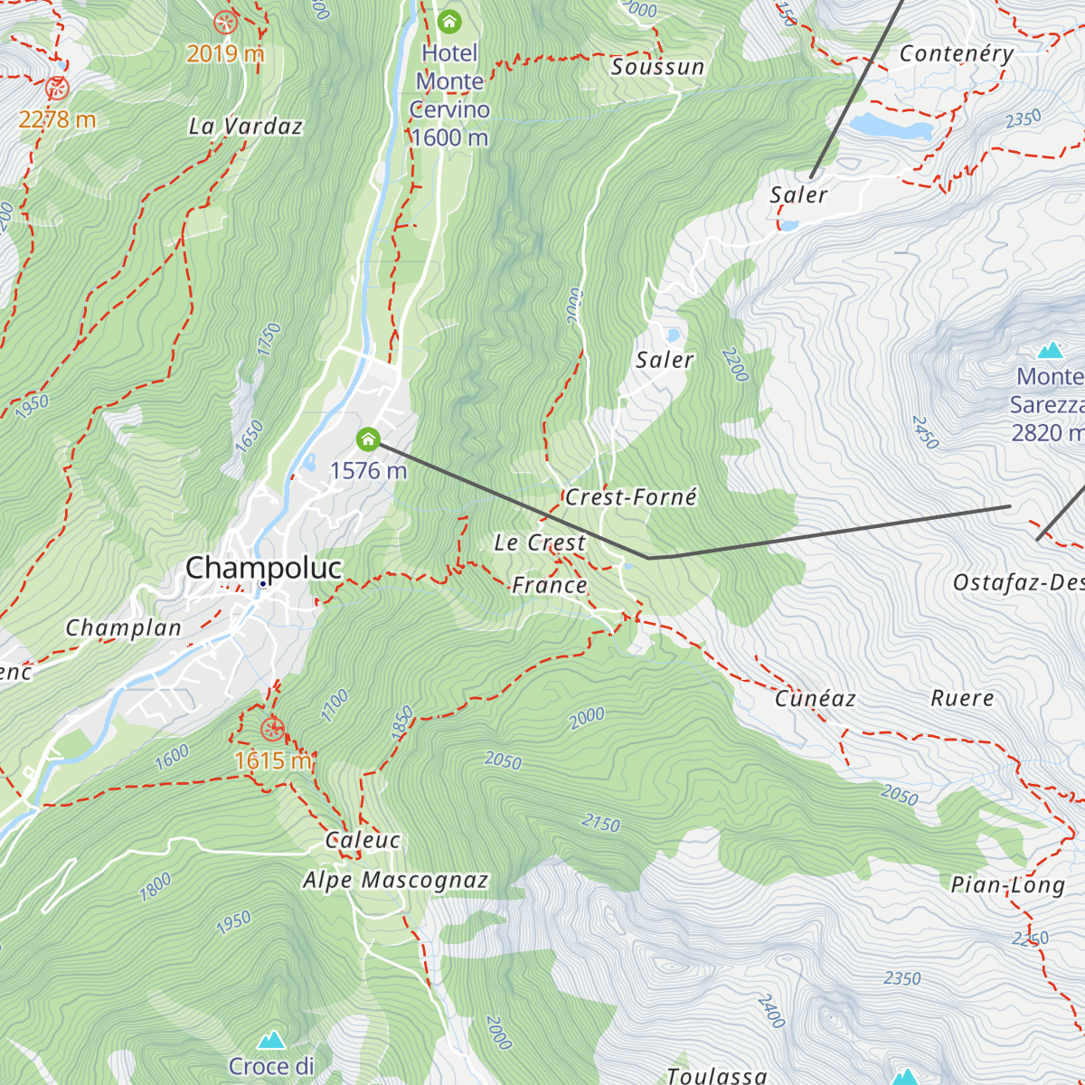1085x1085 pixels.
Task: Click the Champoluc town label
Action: click(x=263, y=568)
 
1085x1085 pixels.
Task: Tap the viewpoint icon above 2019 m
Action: click(x=225, y=23)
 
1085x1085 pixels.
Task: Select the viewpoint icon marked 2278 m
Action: click(x=57, y=89)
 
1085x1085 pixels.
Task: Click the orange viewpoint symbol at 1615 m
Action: click(x=271, y=729)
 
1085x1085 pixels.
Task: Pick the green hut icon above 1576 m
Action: click(x=368, y=440)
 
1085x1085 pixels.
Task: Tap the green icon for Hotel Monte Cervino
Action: click(x=448, y=22)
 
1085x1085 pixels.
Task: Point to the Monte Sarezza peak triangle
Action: click(x=1050, y=350)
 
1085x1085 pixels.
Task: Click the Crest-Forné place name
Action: click(x=631, y=497)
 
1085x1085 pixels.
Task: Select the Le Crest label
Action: click(x=540, y=542)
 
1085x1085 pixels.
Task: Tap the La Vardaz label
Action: click(x=245, y=127)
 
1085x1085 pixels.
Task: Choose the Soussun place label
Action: click(x=657, y=67)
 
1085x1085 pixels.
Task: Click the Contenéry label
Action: click(x=956, y=54)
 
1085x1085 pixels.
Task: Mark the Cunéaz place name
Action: click(x=815, y=698)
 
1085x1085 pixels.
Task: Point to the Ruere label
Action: click(x=962, y=698)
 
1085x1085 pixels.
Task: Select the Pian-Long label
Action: click(x=1007, y=884)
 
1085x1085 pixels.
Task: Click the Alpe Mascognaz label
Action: click(x=395, y=880)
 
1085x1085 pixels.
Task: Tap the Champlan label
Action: click(x=124, y=627)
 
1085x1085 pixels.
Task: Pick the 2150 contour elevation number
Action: click(x=601, y=823)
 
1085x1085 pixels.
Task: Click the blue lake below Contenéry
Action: click(x=891, y=127)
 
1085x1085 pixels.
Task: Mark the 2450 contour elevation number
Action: click(x=925, y=432)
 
